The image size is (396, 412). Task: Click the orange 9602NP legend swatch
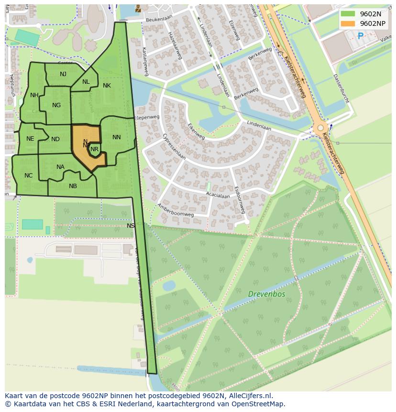coord(348,23)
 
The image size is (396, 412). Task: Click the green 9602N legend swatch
coord(348,14)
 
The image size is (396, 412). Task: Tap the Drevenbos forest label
coord(266,294)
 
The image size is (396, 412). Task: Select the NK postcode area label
coord(107,86)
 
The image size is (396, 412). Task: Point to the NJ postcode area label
coord(63,74)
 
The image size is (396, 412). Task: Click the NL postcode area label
coord(86,82)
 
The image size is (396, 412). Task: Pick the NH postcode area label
coord(34,95)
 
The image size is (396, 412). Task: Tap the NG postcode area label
coord(56,105)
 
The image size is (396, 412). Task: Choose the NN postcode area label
coord(117,137)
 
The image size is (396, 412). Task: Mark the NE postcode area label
coord(30,139)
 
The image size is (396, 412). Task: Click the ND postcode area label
coord(55,139)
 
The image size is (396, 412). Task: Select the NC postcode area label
coord(29,176)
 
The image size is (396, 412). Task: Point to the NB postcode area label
coord(73,186)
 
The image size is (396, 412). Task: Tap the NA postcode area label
coord(60,167)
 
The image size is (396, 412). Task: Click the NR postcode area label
coord(95,149)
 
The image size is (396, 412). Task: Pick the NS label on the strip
coord(131,226)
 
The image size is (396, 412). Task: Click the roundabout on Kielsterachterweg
coord(320,128)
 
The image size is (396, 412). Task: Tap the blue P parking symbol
coord(361,36)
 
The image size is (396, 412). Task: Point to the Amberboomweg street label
coord(175,211)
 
